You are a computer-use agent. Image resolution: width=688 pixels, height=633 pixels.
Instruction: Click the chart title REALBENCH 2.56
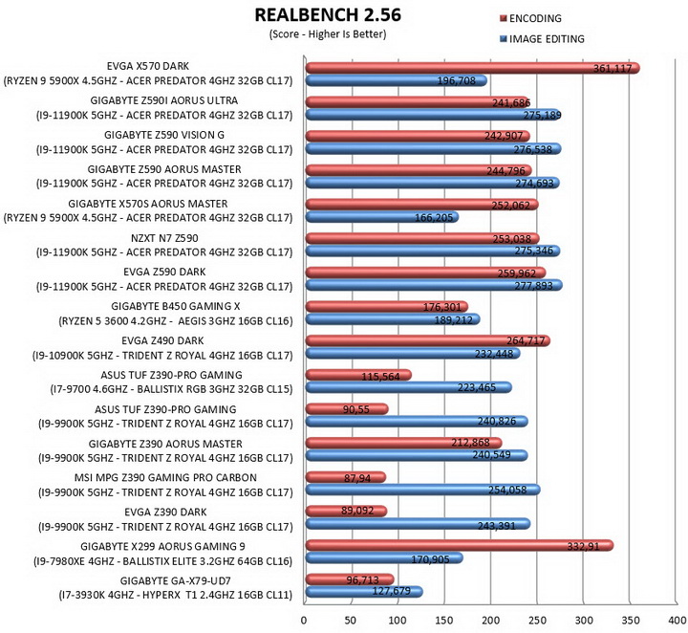328,15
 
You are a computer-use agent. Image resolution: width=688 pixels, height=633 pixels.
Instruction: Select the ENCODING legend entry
531,18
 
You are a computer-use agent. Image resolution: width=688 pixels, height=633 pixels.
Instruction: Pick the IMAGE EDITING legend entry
543,39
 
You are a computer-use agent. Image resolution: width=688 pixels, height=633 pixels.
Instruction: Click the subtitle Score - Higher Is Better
328,34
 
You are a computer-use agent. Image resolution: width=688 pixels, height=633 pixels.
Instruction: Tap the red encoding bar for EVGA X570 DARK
473,68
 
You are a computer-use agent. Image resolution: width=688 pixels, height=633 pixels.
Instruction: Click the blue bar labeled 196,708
397,80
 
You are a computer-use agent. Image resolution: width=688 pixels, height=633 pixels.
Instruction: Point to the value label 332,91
583,547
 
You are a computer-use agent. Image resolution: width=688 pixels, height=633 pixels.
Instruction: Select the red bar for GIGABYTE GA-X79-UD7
350,579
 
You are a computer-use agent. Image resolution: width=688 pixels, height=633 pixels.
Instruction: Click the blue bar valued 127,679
364,592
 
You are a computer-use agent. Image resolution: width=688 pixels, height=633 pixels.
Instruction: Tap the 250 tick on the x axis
537,621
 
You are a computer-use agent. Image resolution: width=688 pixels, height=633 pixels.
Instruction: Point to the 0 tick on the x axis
304,621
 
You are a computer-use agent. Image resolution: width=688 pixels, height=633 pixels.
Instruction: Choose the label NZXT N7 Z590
164,238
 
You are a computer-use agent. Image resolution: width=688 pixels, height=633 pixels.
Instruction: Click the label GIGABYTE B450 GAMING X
176,306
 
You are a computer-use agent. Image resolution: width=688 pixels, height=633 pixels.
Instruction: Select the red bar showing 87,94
346,477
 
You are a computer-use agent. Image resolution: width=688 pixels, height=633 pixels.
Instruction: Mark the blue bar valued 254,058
423,490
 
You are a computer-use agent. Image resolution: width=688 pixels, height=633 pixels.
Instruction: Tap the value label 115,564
380,377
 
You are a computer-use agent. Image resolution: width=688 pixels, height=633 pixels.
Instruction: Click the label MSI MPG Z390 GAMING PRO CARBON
165,477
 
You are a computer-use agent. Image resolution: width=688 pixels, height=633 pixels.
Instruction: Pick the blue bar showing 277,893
434,285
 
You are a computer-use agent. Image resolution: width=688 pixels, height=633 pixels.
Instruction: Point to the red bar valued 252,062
422,205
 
